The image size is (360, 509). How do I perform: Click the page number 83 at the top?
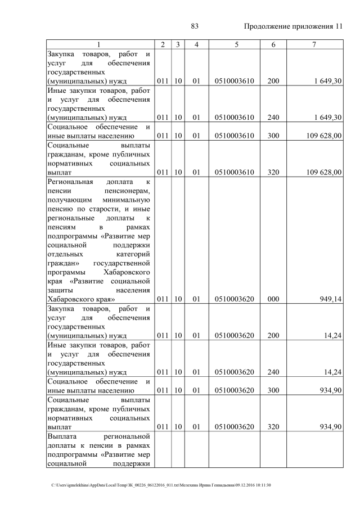tap(195, 26)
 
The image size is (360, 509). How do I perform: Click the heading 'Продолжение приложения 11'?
tap(292, 26)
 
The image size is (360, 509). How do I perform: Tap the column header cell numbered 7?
tap(315, 44)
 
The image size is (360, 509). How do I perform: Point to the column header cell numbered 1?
tap(100, 44)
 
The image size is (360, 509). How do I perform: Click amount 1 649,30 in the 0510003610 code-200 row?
tap(325, 81)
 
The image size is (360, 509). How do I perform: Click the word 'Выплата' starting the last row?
tap(63, 436)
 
